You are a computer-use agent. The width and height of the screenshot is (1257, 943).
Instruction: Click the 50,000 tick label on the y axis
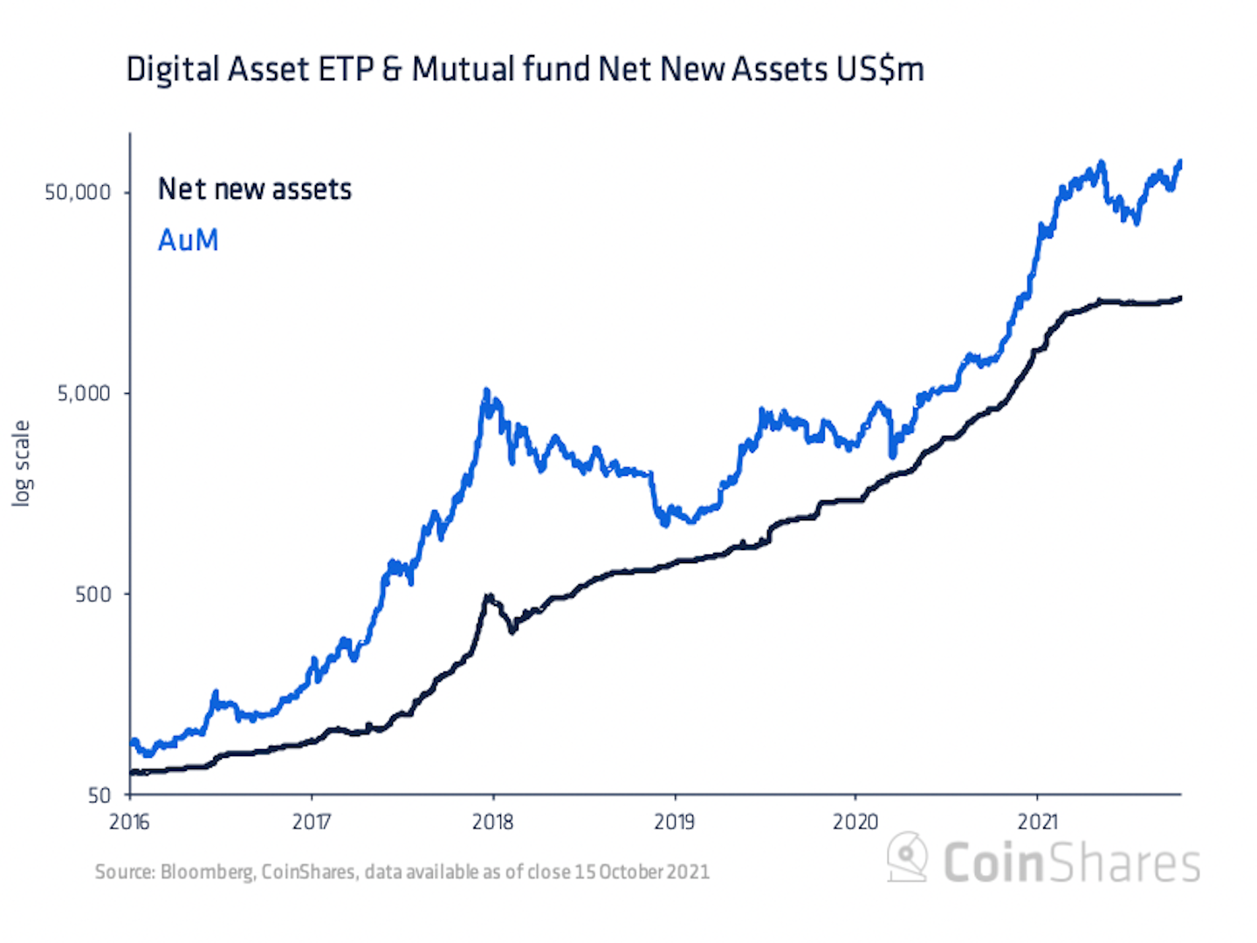click(78, 192)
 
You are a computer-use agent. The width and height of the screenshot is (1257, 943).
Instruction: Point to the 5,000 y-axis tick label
click(84, 393)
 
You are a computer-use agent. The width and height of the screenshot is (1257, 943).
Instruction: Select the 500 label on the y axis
click(93, 594)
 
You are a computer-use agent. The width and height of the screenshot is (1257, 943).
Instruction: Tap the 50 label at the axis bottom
click(100, 795)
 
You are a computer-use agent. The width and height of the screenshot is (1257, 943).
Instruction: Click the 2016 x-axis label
click(129, 822)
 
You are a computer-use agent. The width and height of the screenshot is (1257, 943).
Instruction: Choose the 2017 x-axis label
click(311, 822)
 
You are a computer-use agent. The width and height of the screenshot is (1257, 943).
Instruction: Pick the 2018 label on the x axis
click(492, 822)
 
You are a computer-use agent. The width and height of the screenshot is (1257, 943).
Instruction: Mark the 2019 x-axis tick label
click(674, 822)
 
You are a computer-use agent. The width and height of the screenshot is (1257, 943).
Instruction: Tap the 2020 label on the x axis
click(855, 822)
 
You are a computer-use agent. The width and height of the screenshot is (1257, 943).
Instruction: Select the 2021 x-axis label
click(1037, 822)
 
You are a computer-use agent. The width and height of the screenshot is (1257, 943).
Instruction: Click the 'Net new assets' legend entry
click(254, 189)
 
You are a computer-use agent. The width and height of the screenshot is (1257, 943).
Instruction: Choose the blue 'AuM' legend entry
click(188, 240)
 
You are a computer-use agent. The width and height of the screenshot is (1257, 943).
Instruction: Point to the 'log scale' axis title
click(21, 463)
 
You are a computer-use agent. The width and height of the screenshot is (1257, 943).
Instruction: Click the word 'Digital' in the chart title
click(172, 69)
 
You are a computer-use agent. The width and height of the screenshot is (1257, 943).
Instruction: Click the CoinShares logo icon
click(908, 856)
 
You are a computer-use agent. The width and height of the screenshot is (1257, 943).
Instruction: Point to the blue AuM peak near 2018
click(486, 391)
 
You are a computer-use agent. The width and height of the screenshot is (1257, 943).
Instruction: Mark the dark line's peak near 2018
click(490, 596)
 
